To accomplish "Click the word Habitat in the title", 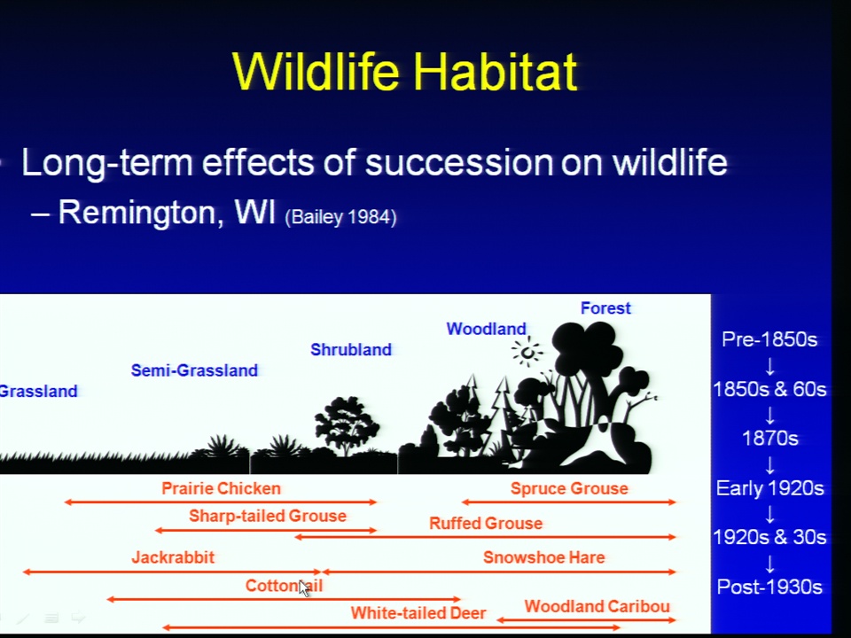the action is (x=495, y=71).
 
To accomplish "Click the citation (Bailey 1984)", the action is (x=340, y=217).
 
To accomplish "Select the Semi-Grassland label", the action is (x=194, y=370).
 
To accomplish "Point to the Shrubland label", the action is (x=351, y=349).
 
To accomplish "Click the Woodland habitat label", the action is (x=487, y=329).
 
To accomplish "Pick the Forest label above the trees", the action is (x=605, y=308).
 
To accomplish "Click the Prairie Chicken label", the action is (x=221, y=488).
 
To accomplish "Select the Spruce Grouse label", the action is (x=569, y=488).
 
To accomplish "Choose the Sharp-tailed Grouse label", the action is (x=268, y=516).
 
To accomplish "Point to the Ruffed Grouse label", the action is (x=486, y=523).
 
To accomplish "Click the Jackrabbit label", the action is (x=173, y=557).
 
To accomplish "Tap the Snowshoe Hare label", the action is (x=543, y=557).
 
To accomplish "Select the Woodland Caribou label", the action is (x=597, y=606).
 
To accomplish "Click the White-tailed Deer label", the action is (x=418, y=613).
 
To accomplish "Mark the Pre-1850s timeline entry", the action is (x=769, y=339).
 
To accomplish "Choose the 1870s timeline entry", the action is (x=769, y=439).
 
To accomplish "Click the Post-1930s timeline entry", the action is (x=769, y=587).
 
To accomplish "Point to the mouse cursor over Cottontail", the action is (x=304, y=588).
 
